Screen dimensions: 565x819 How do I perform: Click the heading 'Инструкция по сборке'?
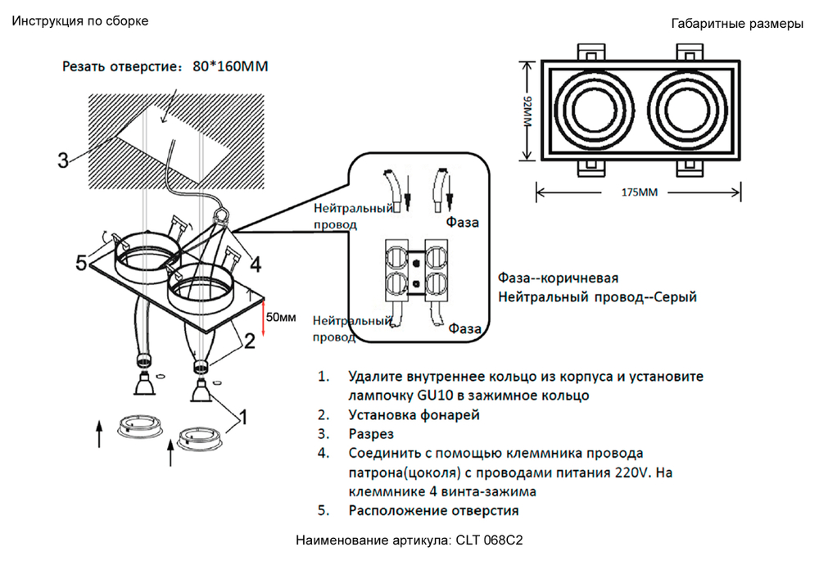[x=80, y=21]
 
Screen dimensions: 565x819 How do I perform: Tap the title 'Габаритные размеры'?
[x=736, y=24]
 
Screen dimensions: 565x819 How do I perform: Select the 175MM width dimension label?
[x=640, y=192]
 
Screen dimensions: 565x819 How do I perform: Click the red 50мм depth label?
[x=281, y=317]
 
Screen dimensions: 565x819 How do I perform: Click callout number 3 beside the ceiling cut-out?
[x=63, y=160]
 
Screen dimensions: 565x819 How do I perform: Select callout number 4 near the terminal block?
[x=256, y=264]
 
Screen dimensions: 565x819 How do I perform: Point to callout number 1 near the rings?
[x=243, y=418]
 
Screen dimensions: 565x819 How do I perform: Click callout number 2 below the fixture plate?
[x=249, y=342]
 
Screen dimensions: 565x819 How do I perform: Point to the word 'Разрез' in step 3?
[x=371, y=434]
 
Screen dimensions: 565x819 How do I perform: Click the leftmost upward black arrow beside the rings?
[x=100, y=432]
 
